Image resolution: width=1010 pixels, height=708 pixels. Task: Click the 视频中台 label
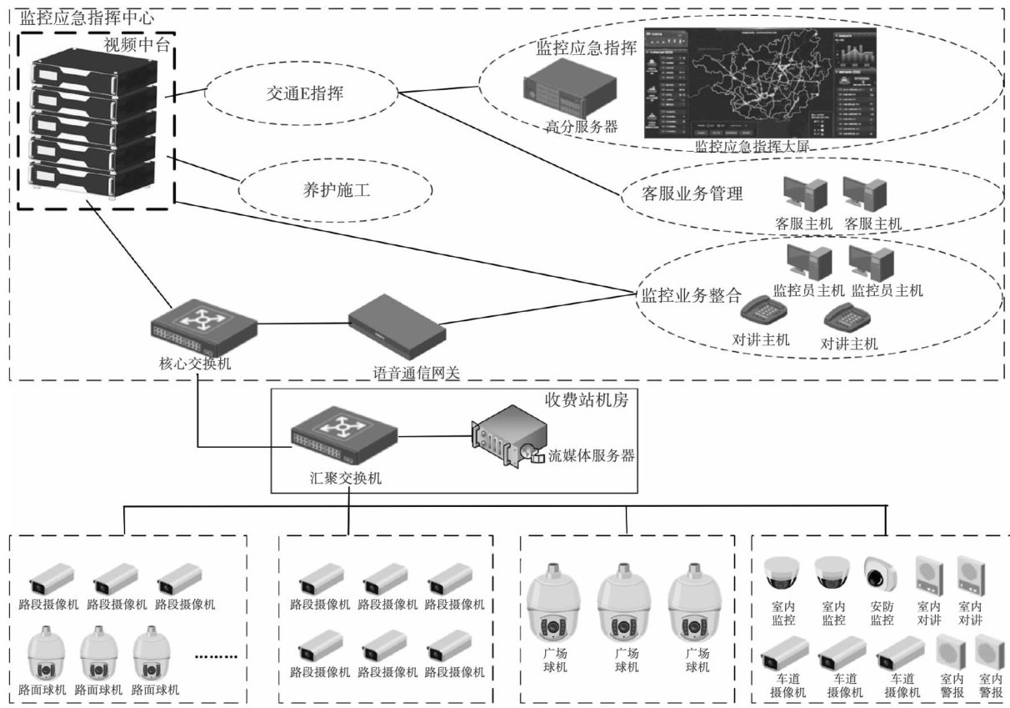point(137,45)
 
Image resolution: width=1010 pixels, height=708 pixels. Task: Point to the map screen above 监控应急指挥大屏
point(760,82)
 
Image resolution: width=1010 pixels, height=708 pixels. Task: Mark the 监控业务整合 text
point(690,294)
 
